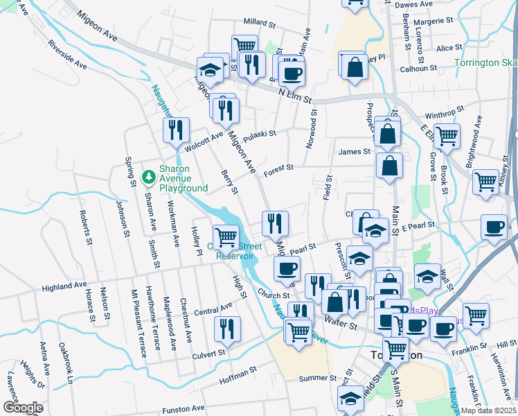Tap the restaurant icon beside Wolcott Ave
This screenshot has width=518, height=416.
pos(175,129)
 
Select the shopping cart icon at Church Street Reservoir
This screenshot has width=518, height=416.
pos(226,237)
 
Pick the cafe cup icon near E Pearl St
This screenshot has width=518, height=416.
pos(494,227)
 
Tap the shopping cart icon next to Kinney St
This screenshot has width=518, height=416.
pos(486,182)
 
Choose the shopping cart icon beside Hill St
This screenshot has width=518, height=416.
pos(476,315)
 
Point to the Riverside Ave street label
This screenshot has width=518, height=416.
pos(67,54)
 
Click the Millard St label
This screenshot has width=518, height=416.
pos(259,23)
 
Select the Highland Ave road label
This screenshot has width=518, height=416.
pos(64,285)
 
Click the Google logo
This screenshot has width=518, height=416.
pos(22,408)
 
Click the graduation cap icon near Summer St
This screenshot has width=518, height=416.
pos(350,398)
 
